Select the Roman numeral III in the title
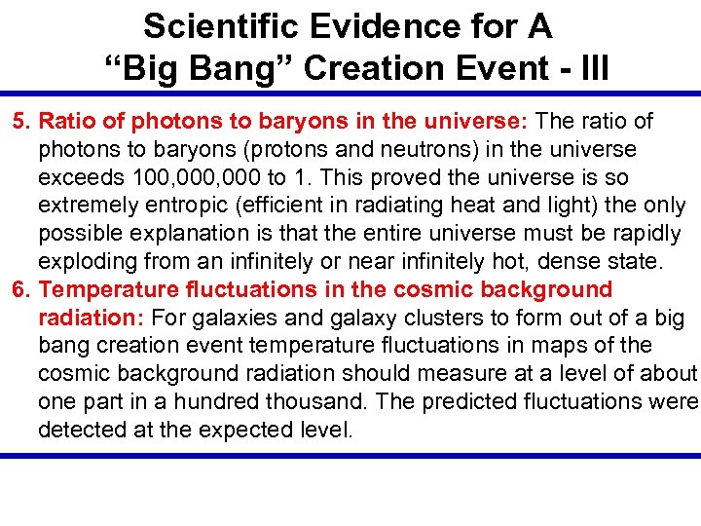(589, 68)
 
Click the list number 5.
(20, 122)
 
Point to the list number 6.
(20, 289)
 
